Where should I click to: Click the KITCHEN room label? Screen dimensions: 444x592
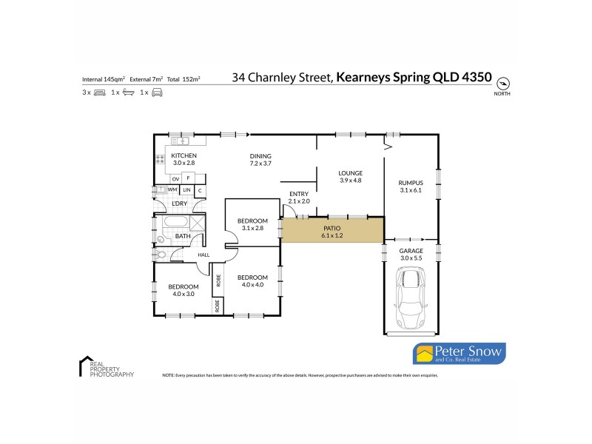tap(184, 159)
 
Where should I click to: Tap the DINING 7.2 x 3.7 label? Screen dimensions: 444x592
tap(260, 160)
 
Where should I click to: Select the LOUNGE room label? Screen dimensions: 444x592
tap(350, 176)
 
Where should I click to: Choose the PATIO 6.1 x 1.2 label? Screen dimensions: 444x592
tap(332, 232)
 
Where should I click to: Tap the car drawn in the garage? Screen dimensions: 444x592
tap(411, 299)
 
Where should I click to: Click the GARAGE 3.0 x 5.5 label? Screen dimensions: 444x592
tap(411, 255)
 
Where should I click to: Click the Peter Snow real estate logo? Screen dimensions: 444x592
tap(458, 354)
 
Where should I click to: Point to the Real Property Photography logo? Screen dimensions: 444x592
tap(106, 368)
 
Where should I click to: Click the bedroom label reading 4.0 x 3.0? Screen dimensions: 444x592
tap(183, 290)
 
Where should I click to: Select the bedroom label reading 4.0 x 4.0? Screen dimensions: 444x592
tap(252, 280)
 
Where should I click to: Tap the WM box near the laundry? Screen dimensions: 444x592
tap(172, 190)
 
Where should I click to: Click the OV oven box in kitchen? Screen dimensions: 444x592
tap(175, 178)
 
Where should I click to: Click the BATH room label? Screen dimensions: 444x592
tap(182, 236)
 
